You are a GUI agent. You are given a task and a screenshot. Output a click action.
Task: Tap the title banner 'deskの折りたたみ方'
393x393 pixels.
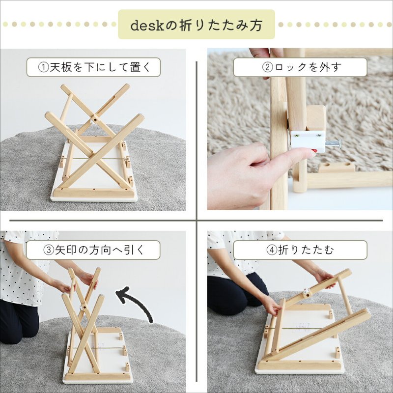pos(196,25)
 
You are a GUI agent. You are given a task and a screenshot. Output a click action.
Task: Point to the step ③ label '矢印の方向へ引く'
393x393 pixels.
pos(93,250)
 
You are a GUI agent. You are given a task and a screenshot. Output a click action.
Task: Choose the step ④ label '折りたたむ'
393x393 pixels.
pos(300,250)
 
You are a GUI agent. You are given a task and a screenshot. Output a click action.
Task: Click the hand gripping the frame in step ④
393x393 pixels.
pos(270,305)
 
